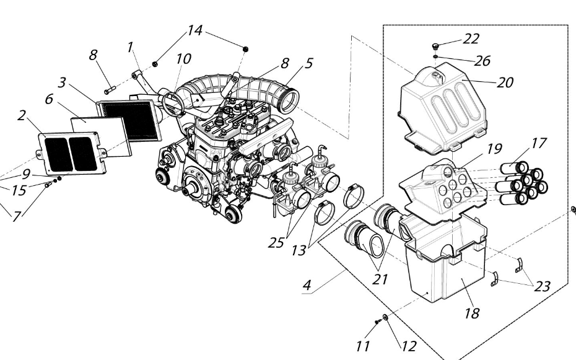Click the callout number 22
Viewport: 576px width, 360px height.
click(x=471, y=39)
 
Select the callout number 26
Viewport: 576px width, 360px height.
click(x=483, y=61)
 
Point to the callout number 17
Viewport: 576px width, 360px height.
click(x=538, y=143)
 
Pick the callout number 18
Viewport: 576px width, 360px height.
click(x=472, y=314)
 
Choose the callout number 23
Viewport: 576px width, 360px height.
click(x=542, y=286)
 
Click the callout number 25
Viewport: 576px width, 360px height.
click(x=276, y=243)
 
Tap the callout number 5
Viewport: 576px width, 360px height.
click(x=308, y=63)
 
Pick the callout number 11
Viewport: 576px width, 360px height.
click(x=363, y=345)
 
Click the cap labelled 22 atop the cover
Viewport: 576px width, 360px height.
click(x=436, y=45)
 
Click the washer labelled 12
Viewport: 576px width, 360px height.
click(x=385, y=317)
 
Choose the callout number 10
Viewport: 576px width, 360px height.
click(x=183, y=59)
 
